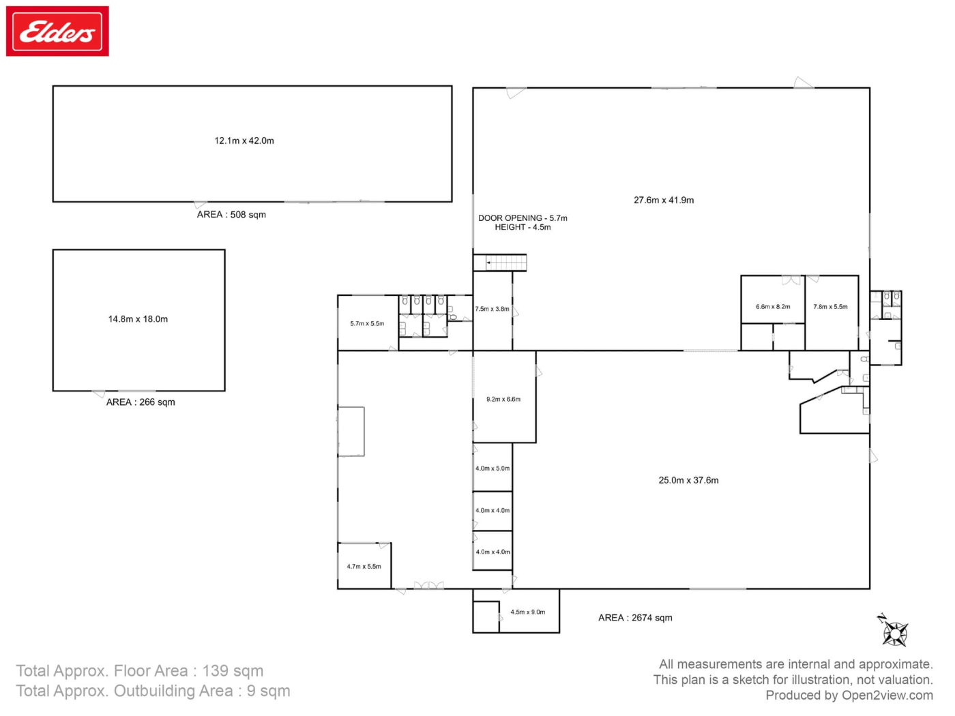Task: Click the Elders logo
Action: click(x=57, y=31)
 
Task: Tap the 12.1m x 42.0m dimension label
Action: click(x=244, y=140)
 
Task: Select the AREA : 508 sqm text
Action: click(x=231, y=214)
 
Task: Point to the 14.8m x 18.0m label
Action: click(x=138, y=318)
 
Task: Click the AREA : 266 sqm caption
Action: click(x=141, y=402)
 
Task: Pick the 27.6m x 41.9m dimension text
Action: click(x=664, y=200)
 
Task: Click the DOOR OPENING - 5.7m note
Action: click(x=523, y=218)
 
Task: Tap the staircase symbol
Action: click(x=500, y=263)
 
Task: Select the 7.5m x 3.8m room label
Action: click(x=492, y=309)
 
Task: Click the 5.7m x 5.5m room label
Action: click(x=367, y=323)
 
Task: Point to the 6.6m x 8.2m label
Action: click(x=773, y=306)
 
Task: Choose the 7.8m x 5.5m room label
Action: click(x=831, y=306)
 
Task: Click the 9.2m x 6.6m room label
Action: click(x=503, y=399)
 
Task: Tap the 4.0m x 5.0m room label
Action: click(x=493, y=468)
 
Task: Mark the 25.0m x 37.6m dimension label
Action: click(x=688, y=480)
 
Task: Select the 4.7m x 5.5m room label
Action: click(x=364, y=566)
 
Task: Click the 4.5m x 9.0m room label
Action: click(x=528, y=612)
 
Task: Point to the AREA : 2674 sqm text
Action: click(x=635, y=617)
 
